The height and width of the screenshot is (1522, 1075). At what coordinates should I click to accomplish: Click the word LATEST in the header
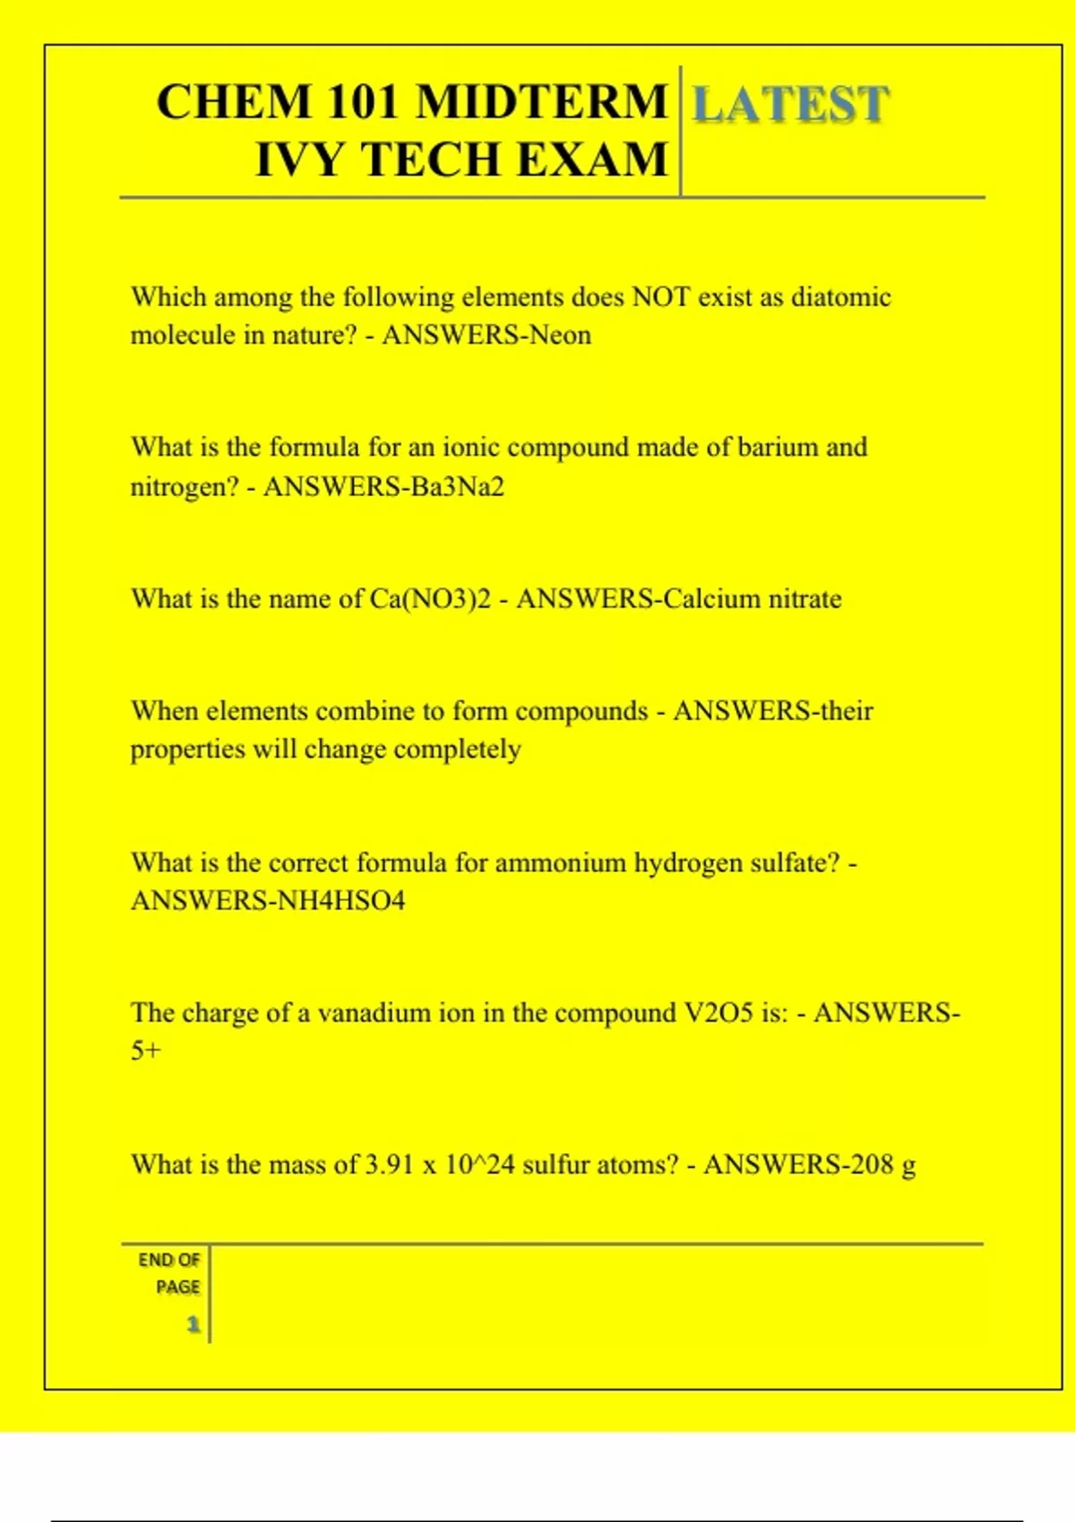pos(790,104)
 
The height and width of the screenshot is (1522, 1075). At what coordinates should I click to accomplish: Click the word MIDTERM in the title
pos(542,101)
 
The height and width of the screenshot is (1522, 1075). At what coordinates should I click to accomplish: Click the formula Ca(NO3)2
pos(430,599)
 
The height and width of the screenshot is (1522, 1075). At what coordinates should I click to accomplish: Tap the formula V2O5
pos(718,1013)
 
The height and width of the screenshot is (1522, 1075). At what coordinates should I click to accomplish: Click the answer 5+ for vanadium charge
pos(146,1051)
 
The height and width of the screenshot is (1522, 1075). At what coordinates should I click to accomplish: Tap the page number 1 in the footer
pos(193,1324)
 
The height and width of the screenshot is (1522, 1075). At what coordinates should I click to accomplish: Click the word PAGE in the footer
pos(177,1287)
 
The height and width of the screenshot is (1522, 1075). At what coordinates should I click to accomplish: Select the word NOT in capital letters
pos(661,297)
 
